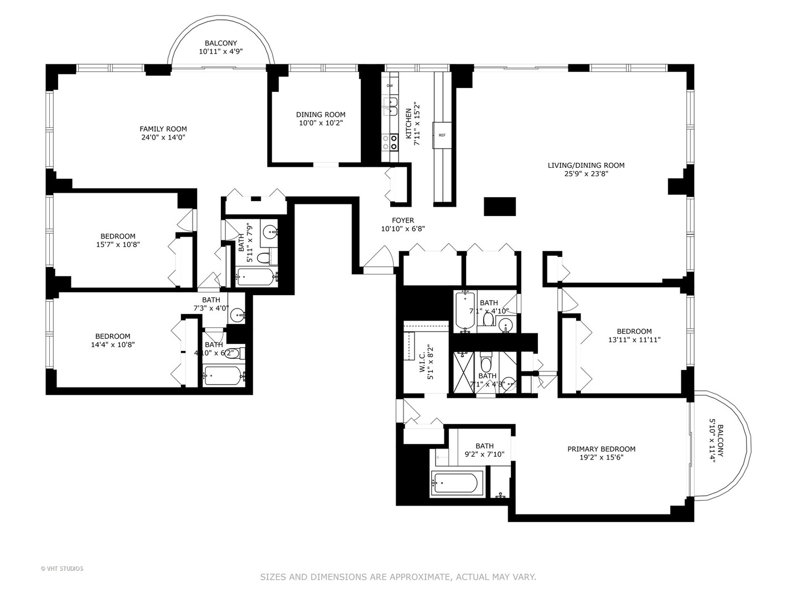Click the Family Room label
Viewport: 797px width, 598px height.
coord(163,129)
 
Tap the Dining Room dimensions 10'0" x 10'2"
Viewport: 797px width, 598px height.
coord(320,123)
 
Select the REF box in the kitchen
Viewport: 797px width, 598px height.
coord(442,135)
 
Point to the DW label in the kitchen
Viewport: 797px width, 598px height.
coord(390,86)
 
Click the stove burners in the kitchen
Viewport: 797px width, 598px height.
coord(394,143)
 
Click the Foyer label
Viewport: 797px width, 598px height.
coord(403,220)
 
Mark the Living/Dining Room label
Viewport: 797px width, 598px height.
coord(586,165)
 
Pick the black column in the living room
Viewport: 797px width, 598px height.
coord(500,207)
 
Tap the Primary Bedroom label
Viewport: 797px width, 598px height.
coord(601,449)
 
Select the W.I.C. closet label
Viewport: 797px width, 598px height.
coord(422,365)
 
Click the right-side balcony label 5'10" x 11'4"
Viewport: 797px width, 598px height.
coord(717,443)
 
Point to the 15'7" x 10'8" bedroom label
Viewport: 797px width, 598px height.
coord(117,240)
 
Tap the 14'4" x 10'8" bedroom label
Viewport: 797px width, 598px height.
coord(112,340)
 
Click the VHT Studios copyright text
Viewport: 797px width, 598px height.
coord(62,569)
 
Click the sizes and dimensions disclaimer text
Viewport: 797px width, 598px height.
coord(398,577)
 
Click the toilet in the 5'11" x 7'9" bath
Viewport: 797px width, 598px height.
coord(264,257)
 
